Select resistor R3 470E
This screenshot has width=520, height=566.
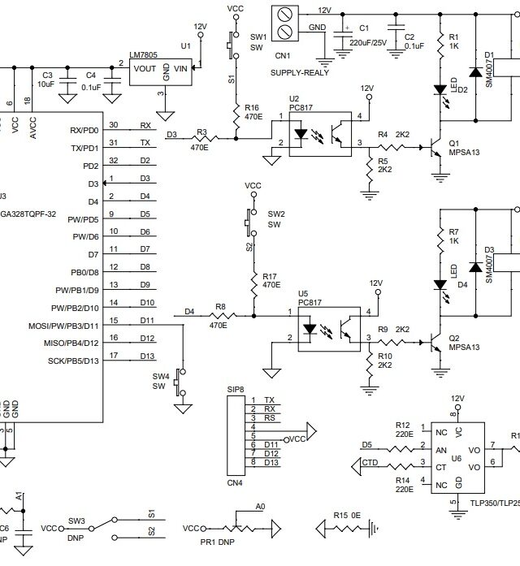coord(200,137)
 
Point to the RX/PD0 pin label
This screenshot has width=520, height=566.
coord(84,130)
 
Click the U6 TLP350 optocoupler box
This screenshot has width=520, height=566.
coord(457,456)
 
